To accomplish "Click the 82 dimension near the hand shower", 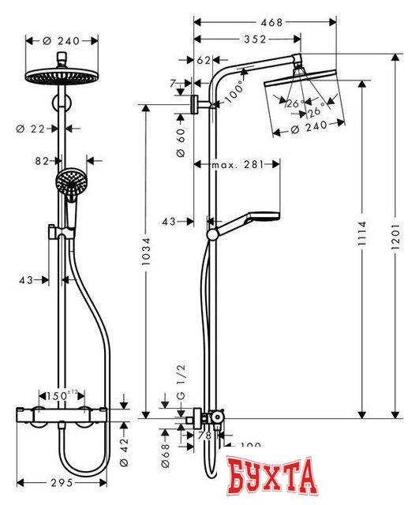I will pos(43,160).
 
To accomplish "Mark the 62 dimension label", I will pos(204,60).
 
